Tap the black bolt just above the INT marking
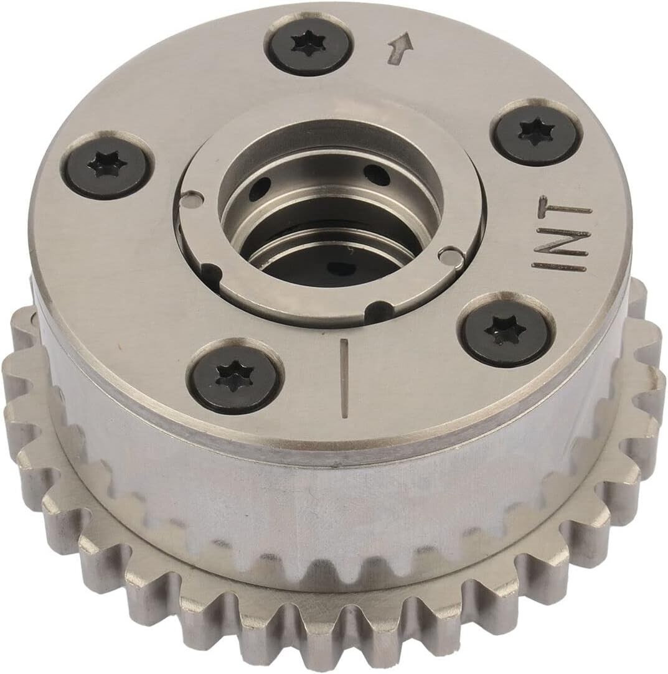[536, 133]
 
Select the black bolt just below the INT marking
[506, 329]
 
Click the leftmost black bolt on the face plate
[108, 164]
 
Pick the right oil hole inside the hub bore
[377, 175]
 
